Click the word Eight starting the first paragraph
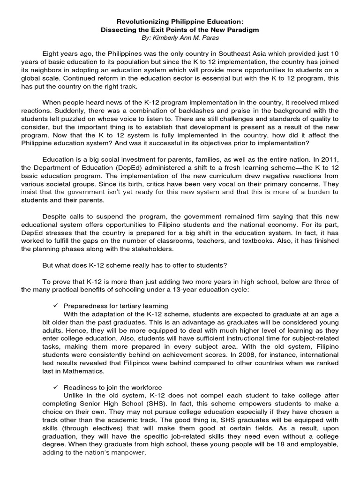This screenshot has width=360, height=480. coord(51,53)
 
